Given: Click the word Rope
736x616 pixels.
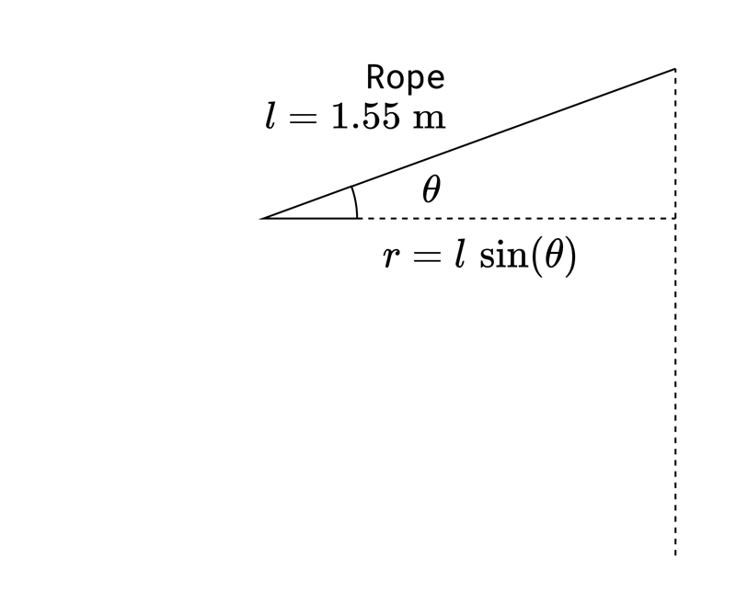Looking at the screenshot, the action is [x=405, y=77].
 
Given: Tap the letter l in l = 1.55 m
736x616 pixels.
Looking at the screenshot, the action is [x=270, y=116].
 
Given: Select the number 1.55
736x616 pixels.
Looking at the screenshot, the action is [x=365, y=116].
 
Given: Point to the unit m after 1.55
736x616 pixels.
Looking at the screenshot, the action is [x=429, y=120].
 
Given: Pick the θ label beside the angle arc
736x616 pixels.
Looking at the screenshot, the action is [x=431, y=189].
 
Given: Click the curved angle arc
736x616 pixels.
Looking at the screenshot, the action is [x=356, y=201].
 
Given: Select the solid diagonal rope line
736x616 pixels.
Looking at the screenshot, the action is [x=468, y=144].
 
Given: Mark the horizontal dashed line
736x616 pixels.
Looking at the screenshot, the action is [x=516, y=218].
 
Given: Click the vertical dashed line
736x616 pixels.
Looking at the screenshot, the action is [x=675, y=312].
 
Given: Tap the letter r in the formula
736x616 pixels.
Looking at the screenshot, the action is [x=392, y=257].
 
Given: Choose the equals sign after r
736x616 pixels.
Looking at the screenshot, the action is [x=426, y=257].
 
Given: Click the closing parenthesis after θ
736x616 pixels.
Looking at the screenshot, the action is [x=569, y=257].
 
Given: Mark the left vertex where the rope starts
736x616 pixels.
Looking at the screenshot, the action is [x=261, y=219].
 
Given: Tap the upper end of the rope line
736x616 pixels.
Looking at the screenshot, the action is [x=675, y=69].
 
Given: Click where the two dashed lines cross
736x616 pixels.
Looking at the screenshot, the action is [x=675, y=218].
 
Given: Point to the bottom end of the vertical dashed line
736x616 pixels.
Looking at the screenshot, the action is [x=675, y=555].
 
